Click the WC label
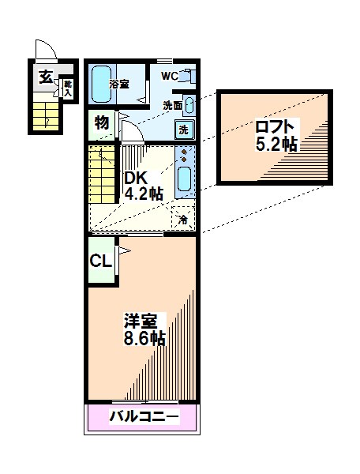170,76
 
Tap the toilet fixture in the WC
187,76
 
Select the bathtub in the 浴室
101,84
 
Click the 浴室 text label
119,84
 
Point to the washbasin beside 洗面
189,105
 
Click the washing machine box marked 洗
184,130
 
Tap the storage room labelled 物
102,125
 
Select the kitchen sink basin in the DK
184,179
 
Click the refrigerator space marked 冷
182,218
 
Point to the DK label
136,178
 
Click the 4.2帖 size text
144,194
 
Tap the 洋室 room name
141,322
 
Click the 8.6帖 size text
144,338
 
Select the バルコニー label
144,417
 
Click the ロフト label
275,127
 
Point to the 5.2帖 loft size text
276,144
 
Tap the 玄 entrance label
46,77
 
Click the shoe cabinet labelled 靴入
68,88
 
